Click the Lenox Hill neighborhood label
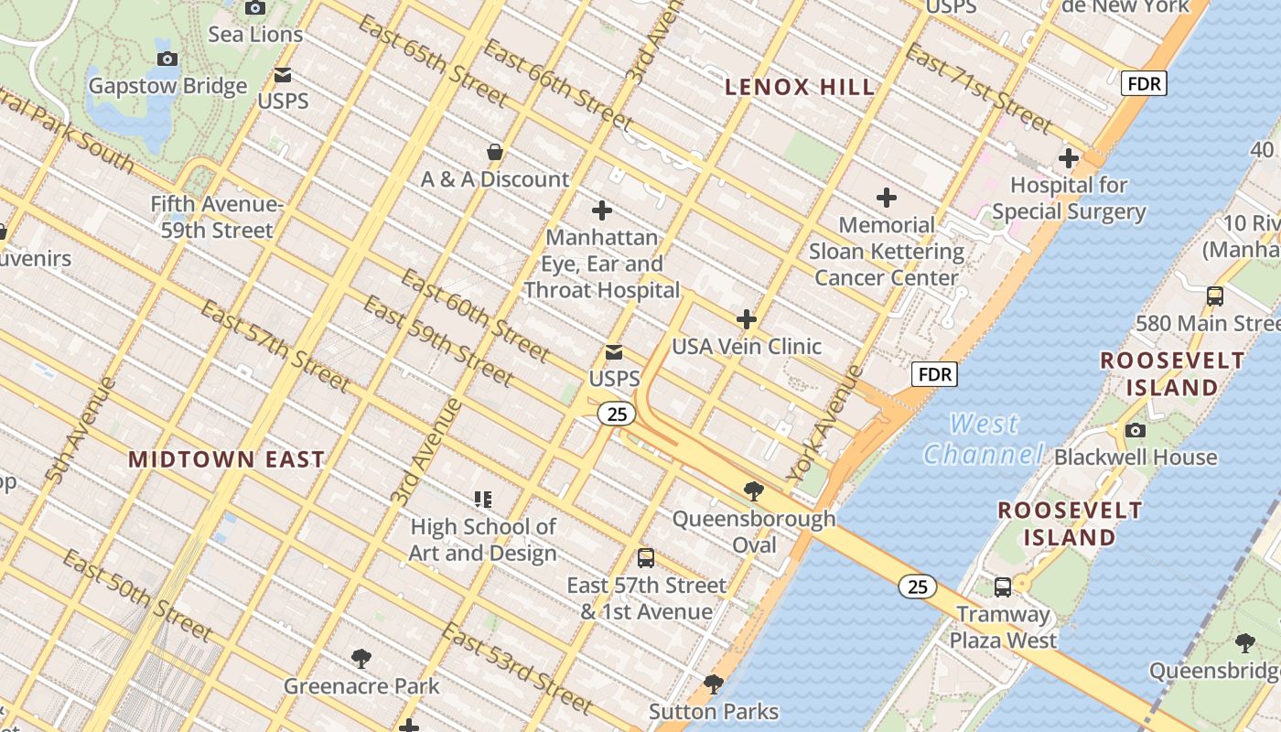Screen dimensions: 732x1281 point(800,88)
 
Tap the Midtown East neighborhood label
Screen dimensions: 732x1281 point(226,459)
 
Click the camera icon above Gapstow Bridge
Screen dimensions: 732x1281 point(167,59)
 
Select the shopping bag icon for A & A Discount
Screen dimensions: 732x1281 point(495,152)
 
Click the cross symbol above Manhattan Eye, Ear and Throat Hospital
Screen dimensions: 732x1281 point(601,210)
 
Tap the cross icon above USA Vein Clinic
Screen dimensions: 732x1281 point(747,319)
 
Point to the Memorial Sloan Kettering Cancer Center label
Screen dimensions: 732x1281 point(886,252)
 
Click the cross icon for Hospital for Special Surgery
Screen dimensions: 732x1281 point(1068,158)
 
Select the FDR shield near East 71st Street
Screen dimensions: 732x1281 point(1144,84)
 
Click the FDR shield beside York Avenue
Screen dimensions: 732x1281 point(934,373)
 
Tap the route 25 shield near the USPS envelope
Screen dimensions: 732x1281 point(617,414)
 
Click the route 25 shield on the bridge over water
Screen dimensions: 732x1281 point(917,587)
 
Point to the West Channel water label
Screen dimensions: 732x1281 point(984,439)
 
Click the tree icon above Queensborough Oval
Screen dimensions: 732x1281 point(754,491)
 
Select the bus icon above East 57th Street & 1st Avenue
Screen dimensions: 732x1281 point(646,558)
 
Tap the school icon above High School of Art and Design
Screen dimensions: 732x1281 point(483,500)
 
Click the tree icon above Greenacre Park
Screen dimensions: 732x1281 point(361,658)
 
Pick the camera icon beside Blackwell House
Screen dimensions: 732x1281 point(1135,430)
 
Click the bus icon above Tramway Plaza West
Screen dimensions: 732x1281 point(1003,587)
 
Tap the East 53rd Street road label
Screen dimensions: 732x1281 point(517,669)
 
